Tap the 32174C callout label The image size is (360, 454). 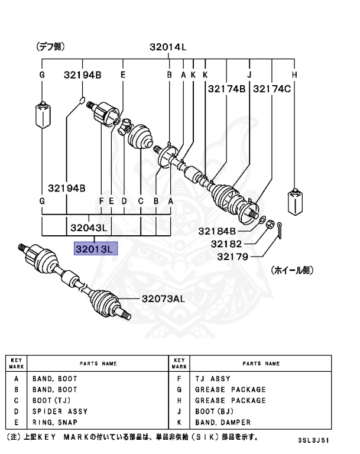(x=272, y=90)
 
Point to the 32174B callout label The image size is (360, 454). (x=226, y=90)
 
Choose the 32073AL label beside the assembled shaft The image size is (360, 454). (x=163, y=299)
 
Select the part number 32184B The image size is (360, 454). (x=217, y=231)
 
